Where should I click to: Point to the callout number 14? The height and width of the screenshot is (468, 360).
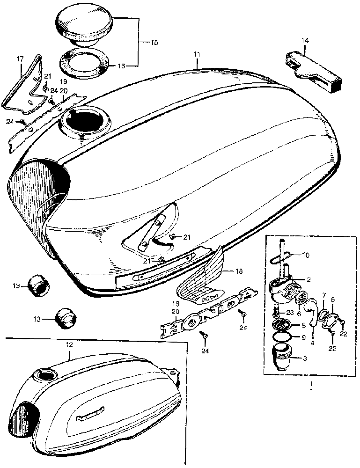click(x=305, y=41)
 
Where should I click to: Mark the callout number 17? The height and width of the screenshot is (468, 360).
click(x=20, y=59)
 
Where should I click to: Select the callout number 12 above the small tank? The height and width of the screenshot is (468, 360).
click(x=69, y=344)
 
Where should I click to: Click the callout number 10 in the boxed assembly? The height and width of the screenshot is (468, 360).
click(x=306, y=255)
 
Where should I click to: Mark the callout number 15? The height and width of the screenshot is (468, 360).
click(x=154, y=43)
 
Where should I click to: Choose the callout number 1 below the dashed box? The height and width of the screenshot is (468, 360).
click(x=311, y=389)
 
